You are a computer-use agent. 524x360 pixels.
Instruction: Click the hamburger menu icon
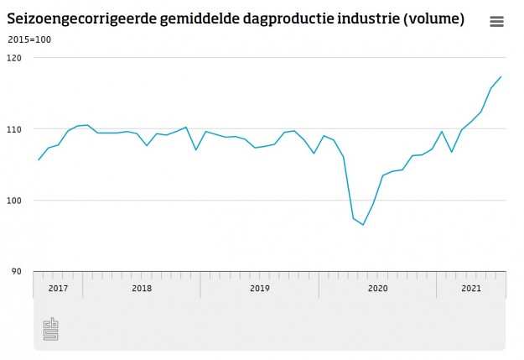496,22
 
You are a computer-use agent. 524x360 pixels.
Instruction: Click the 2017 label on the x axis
58,289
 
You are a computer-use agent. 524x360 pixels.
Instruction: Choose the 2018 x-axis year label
142,289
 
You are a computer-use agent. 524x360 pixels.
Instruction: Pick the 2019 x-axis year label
260,289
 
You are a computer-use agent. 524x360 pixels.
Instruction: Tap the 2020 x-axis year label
377,289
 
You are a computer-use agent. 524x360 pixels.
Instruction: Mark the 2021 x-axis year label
471,289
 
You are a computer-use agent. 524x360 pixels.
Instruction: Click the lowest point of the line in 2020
363,225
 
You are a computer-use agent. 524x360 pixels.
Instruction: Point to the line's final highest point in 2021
501,77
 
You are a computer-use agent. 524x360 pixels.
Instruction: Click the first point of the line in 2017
39,159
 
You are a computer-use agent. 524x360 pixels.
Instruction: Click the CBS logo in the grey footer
51,329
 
